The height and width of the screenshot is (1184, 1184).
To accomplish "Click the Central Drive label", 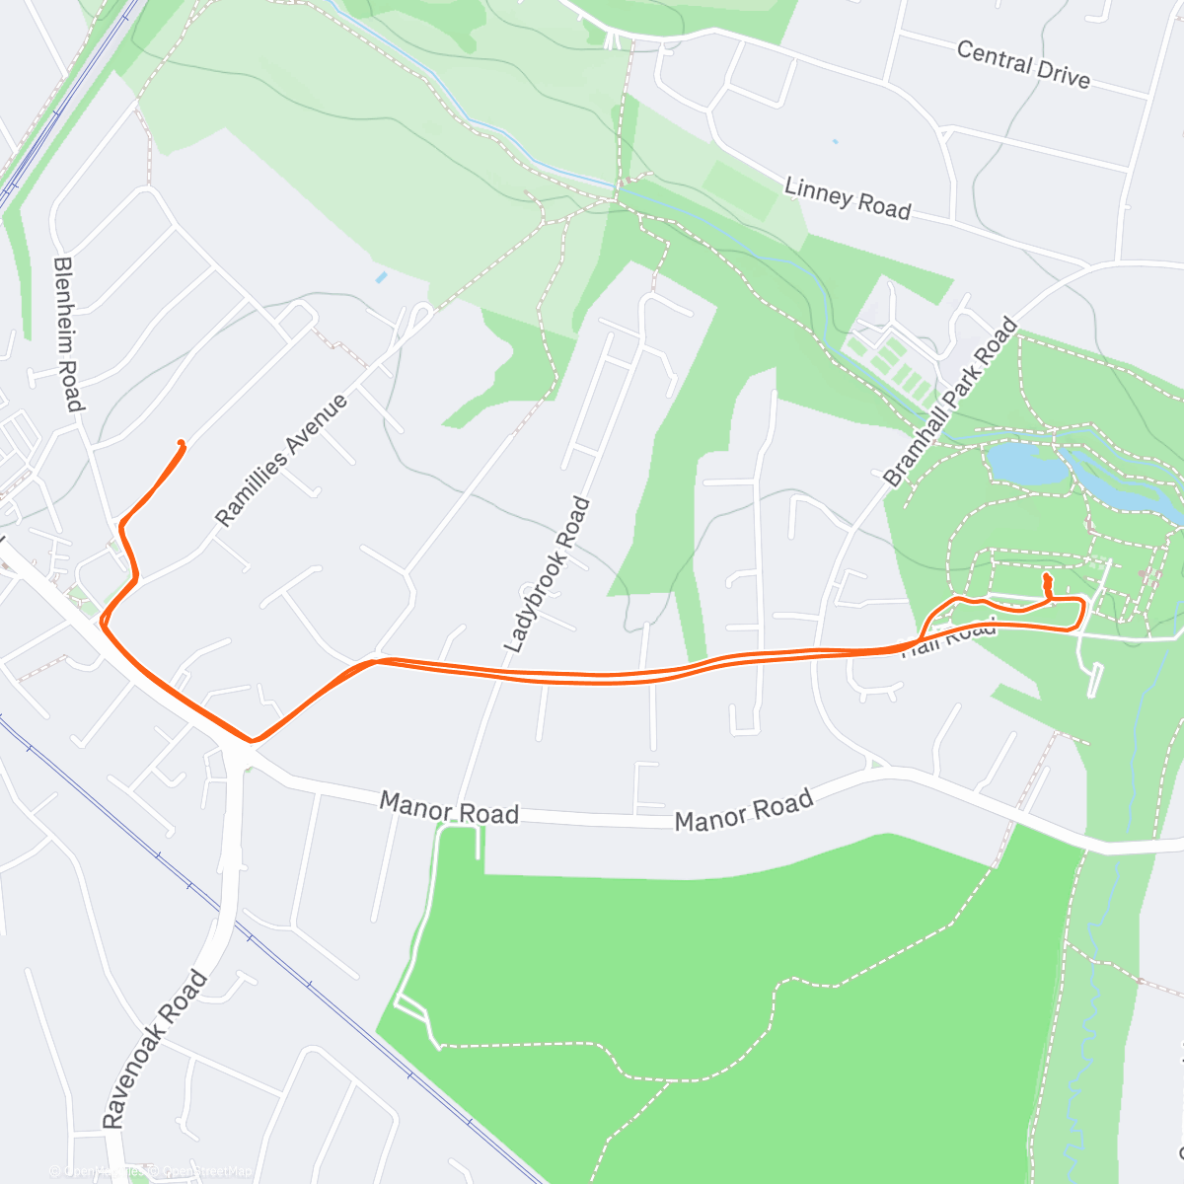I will click(x=1023, y=65).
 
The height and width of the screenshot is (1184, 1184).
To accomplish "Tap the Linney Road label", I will click(x=847, y=197).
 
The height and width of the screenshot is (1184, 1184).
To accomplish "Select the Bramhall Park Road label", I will click(x=950, y=403).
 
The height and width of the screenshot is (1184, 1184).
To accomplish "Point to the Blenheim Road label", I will click(x=66, y=333).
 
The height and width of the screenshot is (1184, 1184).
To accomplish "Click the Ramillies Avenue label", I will click(x=281, y=460).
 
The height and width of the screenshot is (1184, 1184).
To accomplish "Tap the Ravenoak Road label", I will click(x=155, y=1049).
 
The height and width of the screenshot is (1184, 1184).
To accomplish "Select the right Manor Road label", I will click(x=744, y=810).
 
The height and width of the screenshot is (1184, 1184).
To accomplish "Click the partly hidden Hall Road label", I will click(x=949, y=637).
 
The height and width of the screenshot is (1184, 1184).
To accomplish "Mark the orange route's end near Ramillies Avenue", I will click(x=181, y=443).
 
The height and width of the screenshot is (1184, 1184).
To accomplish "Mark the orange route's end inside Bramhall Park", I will click(x=1046, y=575).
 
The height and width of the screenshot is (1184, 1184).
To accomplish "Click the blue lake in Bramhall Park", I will click(x=1026, y=463).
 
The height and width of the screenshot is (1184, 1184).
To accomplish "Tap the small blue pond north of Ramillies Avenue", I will click(x=381, y=277).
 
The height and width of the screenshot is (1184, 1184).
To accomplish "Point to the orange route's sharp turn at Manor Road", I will click(x=253, y=739).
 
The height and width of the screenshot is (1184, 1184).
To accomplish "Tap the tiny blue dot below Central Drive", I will click(x=835, y=141).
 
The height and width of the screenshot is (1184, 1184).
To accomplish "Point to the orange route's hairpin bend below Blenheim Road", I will click(x=104, y=621).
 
